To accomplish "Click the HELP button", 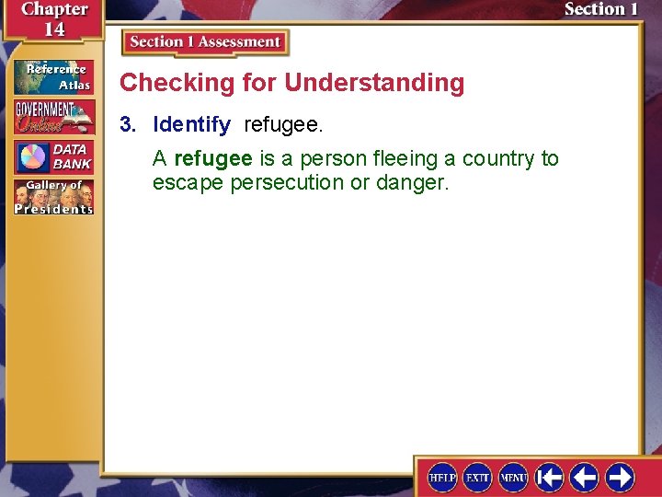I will pyautogui.click(x=442, y=477).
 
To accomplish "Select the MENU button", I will pyautogui.click(x=513, y=477).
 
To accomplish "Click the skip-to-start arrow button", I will pyautogui.click(x=549, y=477).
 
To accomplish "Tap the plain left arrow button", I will pyautogui.click(x=584, y=477).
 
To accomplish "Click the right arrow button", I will pyautogui.click(x=620, y=477).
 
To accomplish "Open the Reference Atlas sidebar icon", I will pyautogui.click(x=53, y=76).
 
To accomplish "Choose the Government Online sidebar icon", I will pyautogui.click(x=53, y=117).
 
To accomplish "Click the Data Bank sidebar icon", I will pyautogui.click(x=53, y=156).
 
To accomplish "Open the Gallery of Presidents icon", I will pyautogui.click(x=53, y=197).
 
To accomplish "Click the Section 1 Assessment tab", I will pyautogui.click(x=205, y=42).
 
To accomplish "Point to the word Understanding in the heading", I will pyautogui.click(x=374, y=83).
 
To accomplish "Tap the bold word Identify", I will pyautogui.click(x=191, y=124).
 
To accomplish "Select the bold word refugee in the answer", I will pyautogui.click(x=211, y=158).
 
